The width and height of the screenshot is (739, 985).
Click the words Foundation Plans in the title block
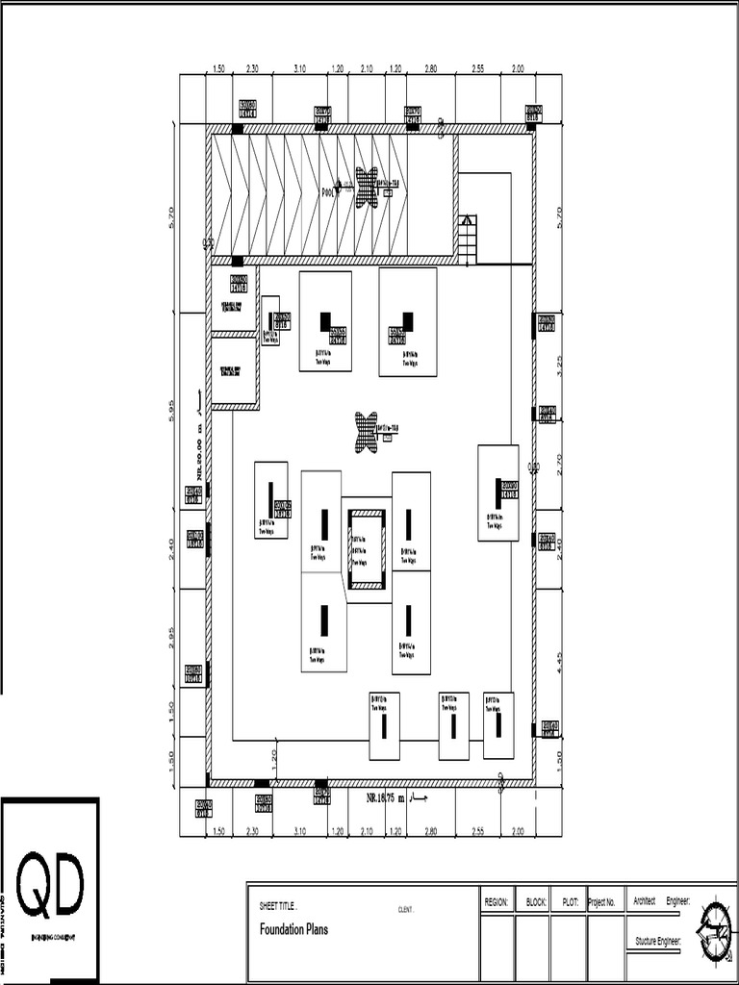293,929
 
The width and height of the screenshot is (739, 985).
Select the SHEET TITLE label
278,906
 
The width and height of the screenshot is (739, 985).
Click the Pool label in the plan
327,191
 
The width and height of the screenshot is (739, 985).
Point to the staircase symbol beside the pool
467,239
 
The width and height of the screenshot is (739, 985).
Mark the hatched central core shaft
367,549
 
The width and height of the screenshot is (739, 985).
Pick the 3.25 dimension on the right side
559,365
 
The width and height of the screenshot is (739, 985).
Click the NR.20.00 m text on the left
199,452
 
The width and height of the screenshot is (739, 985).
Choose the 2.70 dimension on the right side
559,463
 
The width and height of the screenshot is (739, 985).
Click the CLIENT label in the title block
405,909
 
